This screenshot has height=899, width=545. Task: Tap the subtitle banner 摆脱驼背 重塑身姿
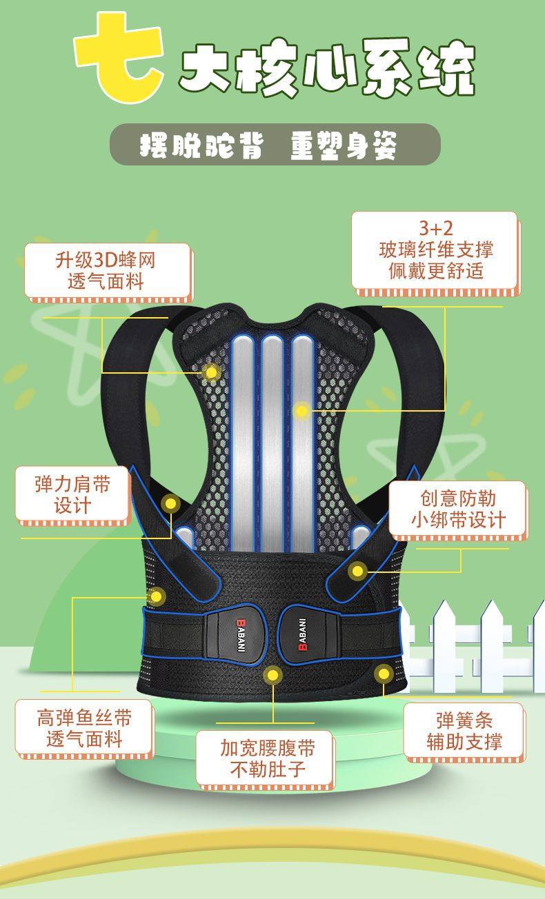(275, 145)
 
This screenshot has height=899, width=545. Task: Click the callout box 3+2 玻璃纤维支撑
(435, 250)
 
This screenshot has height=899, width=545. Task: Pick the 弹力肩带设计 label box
(72, 494)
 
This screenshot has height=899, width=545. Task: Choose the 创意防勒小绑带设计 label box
(458, 509)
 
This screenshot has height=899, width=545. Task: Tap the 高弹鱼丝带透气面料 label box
(83, 728)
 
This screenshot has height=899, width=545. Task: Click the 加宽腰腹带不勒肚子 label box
(266, 758)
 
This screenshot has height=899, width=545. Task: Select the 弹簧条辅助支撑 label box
(464, 731)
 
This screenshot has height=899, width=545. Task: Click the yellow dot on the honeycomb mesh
(211, 373)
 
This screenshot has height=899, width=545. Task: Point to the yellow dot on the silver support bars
(301, 411)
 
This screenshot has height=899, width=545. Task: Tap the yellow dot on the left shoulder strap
(170, 504)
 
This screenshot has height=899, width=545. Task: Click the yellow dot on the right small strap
(357, 570)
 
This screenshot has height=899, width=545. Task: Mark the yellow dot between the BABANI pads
(273, 674)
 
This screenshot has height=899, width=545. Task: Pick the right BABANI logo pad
(308, 634)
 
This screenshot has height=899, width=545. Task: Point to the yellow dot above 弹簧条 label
(383, 671)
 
